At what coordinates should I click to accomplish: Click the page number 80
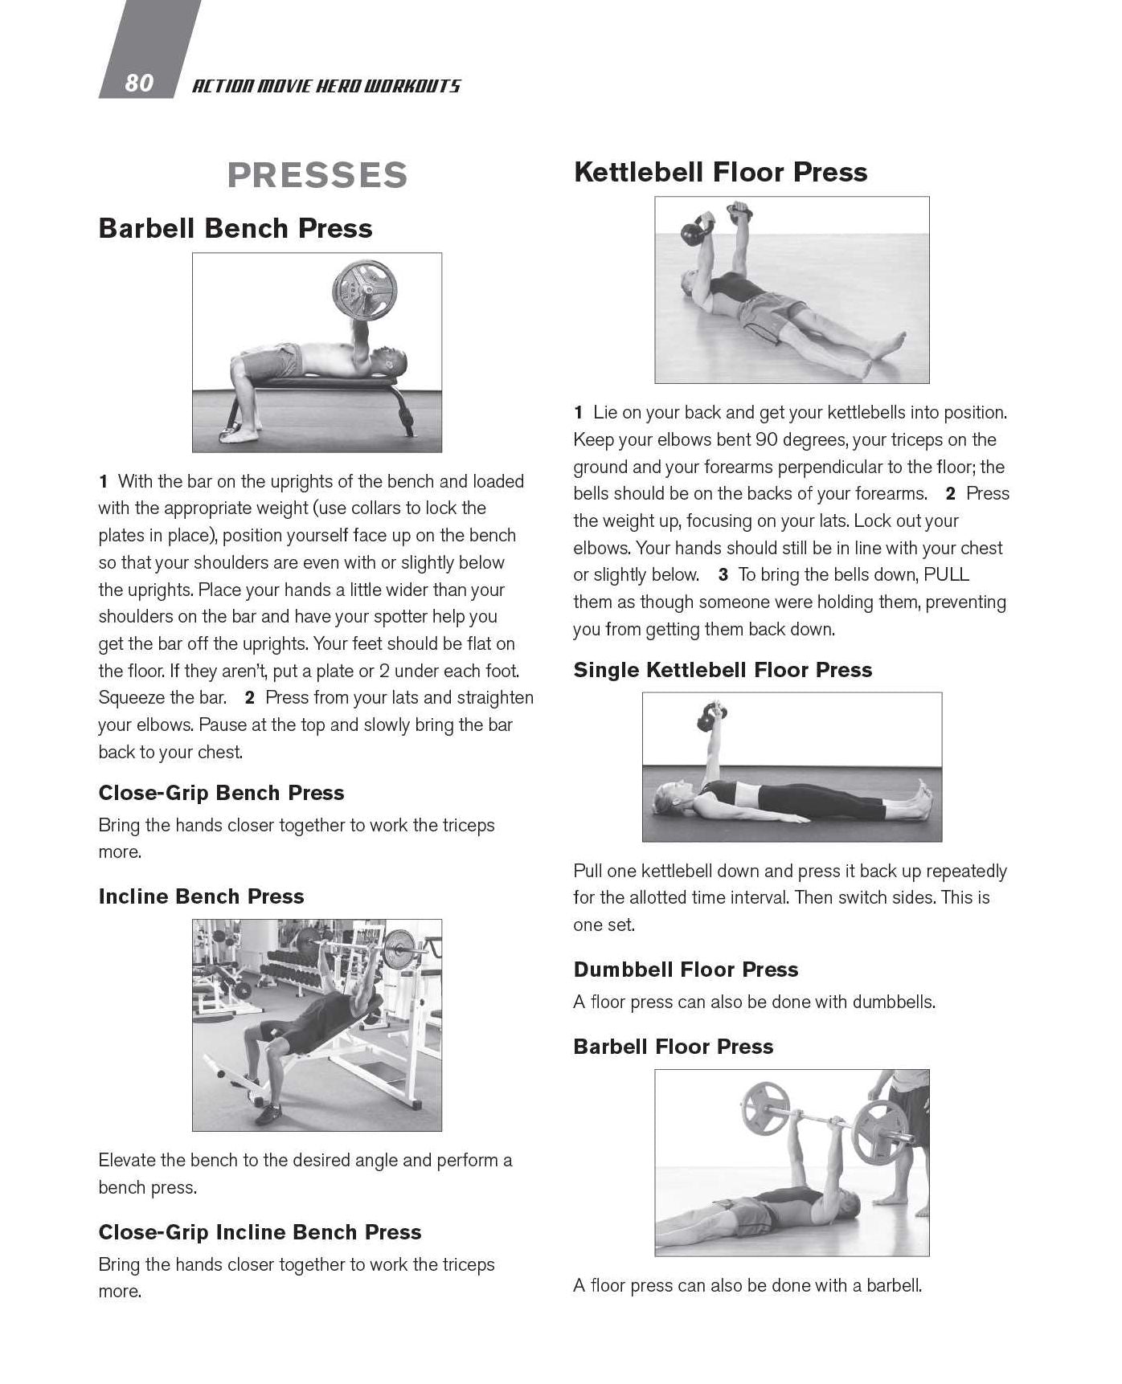139,83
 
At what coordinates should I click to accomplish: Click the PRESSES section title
317,175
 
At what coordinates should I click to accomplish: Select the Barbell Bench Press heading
235,228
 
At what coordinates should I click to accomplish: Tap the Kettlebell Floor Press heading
720,172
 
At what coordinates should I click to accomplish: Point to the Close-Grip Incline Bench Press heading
260,1232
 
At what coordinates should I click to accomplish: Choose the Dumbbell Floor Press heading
686,970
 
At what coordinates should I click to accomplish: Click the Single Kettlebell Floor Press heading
723,670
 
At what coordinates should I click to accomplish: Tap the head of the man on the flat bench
391,361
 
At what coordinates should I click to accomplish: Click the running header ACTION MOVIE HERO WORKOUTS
326,86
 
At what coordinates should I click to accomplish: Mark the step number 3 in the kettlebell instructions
723,575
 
